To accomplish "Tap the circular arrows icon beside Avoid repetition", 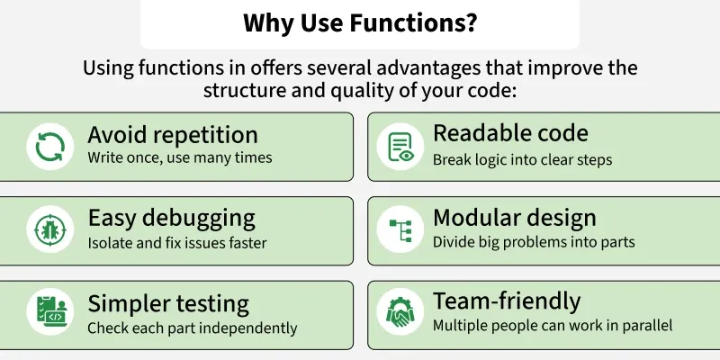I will click(49, 146).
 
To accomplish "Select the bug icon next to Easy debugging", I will click(49, 229).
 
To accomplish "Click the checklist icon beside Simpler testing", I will click(49, 313).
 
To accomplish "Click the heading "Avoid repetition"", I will click(173, 135).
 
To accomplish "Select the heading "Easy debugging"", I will click(171, 218).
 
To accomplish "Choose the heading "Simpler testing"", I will click(168, 302).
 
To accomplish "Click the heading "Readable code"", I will click(510, 133).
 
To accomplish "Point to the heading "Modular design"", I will click(514, 218).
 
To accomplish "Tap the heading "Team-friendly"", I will click(507, 301).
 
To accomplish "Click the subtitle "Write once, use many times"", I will click(179, 158).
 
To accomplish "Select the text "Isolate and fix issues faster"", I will click(176, 242).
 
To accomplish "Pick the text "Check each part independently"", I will click(192, 328).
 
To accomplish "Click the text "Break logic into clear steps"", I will click(522, 159).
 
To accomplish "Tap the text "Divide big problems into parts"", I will click(534, 242).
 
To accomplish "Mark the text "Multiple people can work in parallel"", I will click(552, 325).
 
